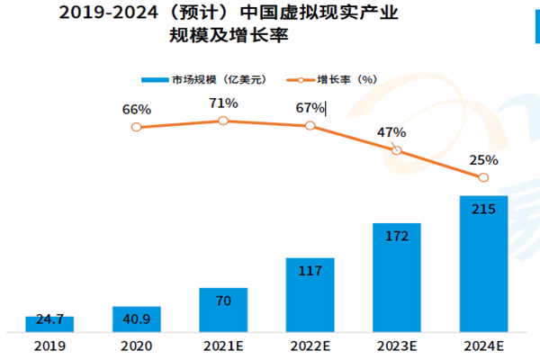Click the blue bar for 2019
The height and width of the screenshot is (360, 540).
pos(49,323)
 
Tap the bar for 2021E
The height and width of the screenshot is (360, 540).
pos(222,309)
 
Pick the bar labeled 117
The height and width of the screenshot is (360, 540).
pos(310,294)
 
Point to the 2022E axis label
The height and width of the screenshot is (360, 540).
pos(310,346)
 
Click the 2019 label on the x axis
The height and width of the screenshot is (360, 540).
pos(49,346)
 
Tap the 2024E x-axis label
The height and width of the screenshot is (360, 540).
pos(483,346)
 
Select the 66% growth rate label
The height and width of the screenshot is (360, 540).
pos(136,109)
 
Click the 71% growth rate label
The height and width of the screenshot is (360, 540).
pos(223,103)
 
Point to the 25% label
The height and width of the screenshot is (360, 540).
pos(483,160)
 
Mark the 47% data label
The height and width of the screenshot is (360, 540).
pos(391,132)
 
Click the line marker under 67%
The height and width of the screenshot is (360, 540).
pos(310,126)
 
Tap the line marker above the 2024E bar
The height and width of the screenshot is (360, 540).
pos(483,177)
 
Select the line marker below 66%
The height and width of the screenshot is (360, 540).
pos(136,127)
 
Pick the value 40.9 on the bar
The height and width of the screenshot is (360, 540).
pos(136,318)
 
